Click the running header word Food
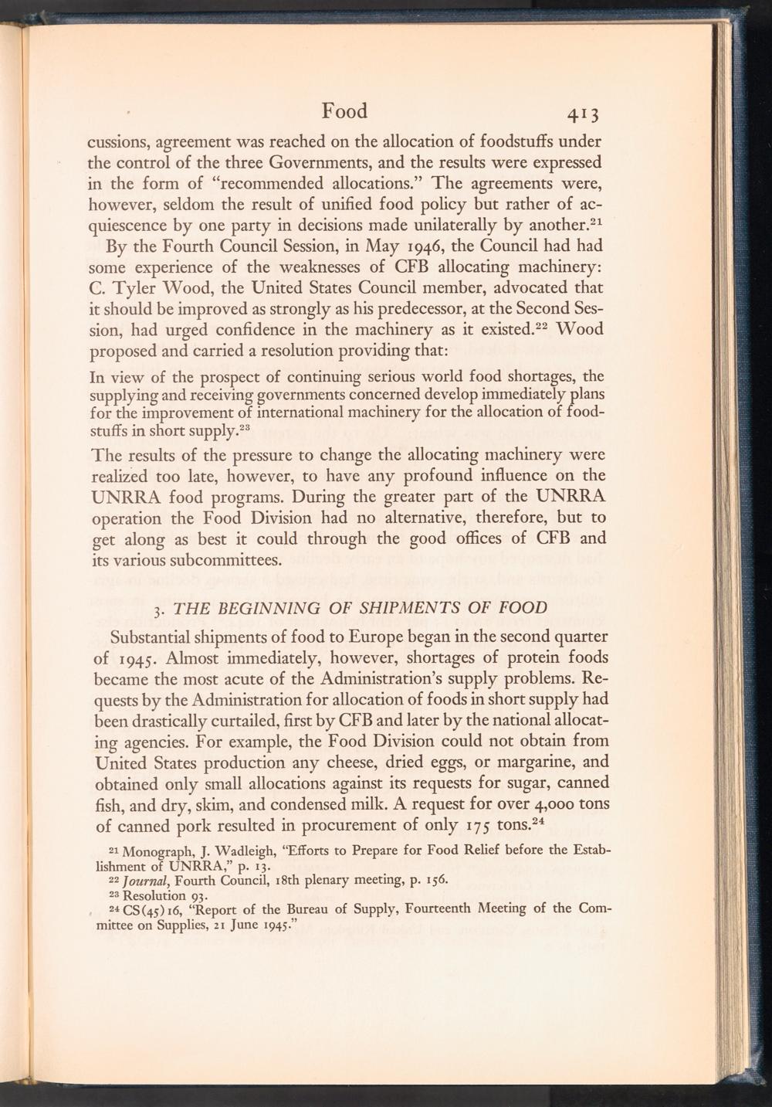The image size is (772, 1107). (x=344, y=111)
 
